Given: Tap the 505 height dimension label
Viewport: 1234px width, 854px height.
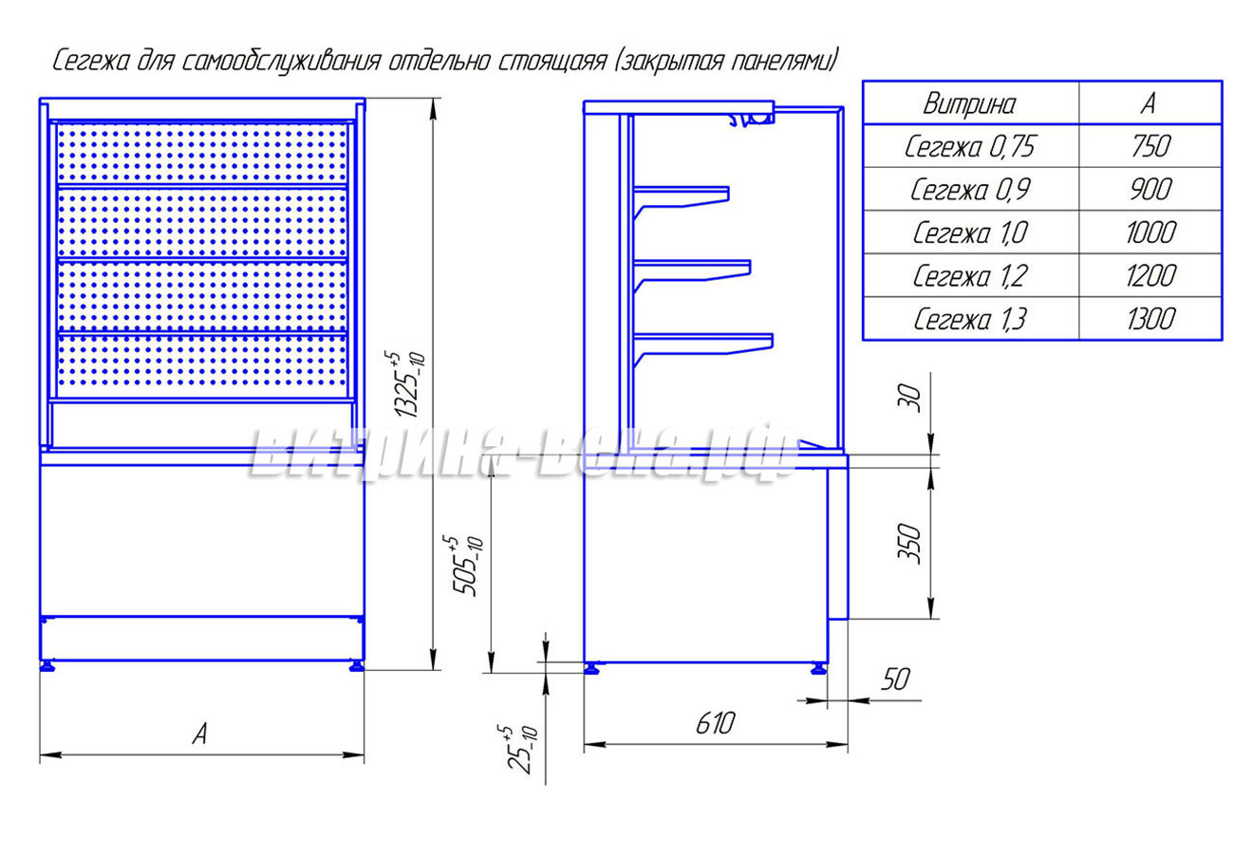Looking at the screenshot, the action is (467, 565).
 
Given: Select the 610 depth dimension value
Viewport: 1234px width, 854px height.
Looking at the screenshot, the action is (715, 723).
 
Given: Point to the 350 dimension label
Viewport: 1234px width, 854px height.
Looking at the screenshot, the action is (909, 544).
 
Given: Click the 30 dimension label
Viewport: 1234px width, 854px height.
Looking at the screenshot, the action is (909, 399).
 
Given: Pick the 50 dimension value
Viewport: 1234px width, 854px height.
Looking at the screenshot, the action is (895, 679).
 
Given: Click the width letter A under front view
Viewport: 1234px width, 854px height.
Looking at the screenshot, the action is (200, 734).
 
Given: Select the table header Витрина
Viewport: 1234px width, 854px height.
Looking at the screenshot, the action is (969, 103).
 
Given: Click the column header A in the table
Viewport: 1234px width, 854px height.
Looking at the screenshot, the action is (1149, 103).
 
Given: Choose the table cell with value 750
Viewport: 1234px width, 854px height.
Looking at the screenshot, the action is (1150, 146).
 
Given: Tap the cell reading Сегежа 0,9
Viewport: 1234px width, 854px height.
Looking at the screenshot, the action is (970, 190).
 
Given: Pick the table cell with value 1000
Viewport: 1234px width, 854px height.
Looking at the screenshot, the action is (1150, 232).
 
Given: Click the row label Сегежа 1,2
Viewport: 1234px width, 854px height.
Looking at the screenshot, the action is (970, 276).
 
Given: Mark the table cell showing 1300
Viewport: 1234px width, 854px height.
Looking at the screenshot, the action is (1150, 320).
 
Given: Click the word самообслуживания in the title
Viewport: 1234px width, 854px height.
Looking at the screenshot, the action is (281, 62).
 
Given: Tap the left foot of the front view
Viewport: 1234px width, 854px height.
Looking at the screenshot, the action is (47, 667).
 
